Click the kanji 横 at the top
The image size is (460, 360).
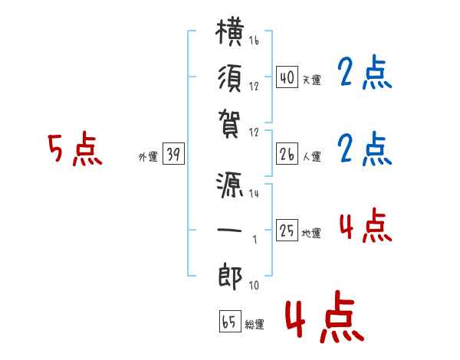click(x=230, y=32)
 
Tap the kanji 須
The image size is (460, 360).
click(x=230, y=79)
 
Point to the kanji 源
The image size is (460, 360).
click(x=230, y=185)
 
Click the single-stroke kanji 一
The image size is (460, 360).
click(x=230, y=230)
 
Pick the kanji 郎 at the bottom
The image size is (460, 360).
click(x=230, y=277)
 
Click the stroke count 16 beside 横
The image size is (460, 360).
click(x=254, y=40)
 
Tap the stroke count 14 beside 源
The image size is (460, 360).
click(x=254, y=193)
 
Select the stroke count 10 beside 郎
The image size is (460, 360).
click(x=254, y=285)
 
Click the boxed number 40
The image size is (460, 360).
click(x=287, y=77)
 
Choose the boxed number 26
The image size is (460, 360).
click(x=287, y=154)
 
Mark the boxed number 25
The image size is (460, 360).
click(x=287, y=230)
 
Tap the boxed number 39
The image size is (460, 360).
click(x=173, y=154)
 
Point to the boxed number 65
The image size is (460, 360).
click(x=230, y=321)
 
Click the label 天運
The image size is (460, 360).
click(x=312, y=80)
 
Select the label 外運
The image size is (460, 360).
click(x=148, y=156)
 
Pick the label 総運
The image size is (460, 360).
click(x=255, y=324)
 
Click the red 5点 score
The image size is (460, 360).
click(x=75, y=149)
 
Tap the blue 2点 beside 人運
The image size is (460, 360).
click(x=365, y=149)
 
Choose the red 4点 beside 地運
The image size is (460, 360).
click(x=366, y=225)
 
